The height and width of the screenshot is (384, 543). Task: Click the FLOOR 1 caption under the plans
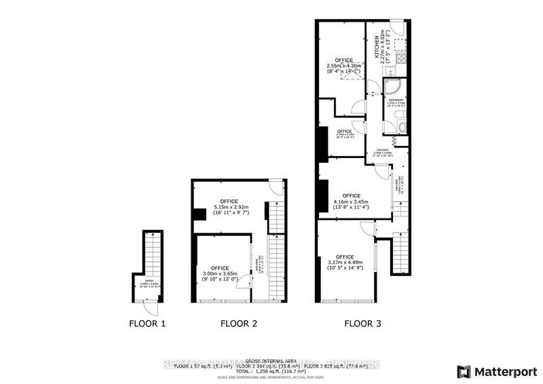[147, 324]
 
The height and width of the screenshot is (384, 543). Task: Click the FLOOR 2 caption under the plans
[239, 324]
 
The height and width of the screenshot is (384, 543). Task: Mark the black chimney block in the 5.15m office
[200, 215]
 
